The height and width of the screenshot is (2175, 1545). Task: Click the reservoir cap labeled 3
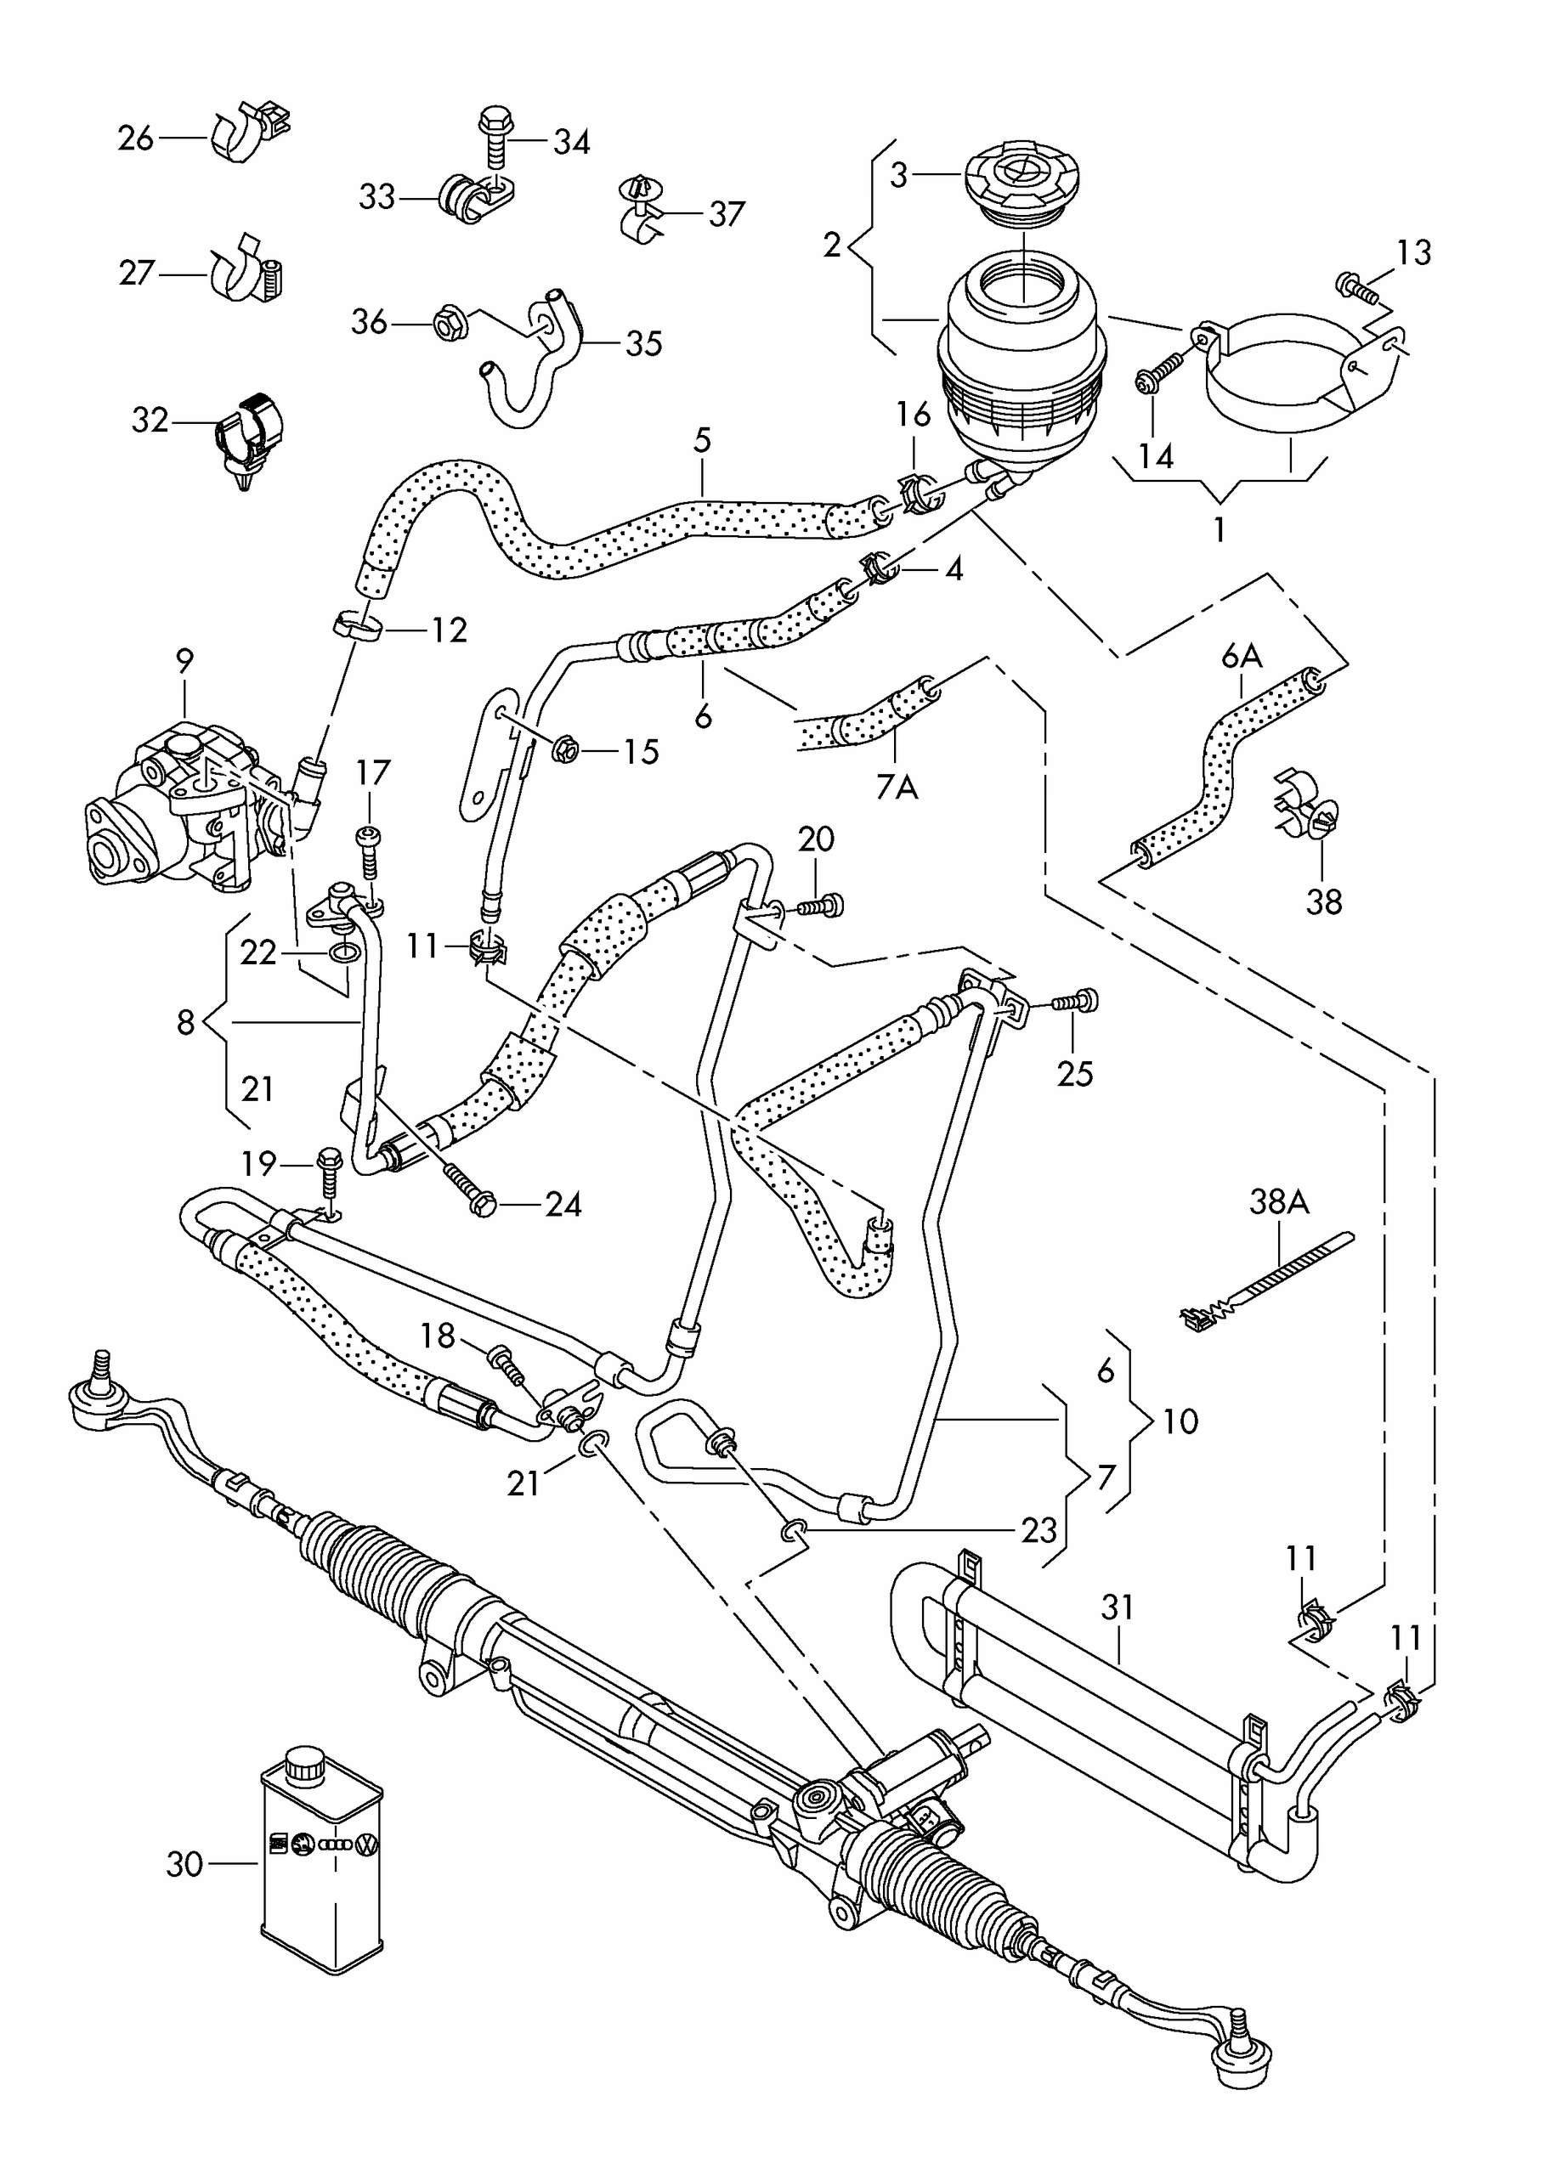pos(1022,188)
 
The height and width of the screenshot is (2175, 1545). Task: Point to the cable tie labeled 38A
pos(1265,1280)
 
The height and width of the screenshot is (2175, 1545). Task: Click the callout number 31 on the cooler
pos(1118,1607)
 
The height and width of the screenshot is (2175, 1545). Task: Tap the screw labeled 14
pos(1161,373)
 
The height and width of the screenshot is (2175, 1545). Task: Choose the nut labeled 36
pos(449,324)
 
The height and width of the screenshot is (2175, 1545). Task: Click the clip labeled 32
pos(249,438)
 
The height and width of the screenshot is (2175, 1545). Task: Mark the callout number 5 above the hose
pos(702,439)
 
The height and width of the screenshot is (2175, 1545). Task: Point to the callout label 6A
pos(1242,655)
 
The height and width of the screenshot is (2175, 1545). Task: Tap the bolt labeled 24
pos(469,1189)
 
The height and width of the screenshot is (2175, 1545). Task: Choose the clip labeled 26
pos(249,131)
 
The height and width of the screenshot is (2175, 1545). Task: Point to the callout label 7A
pos(897,787)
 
